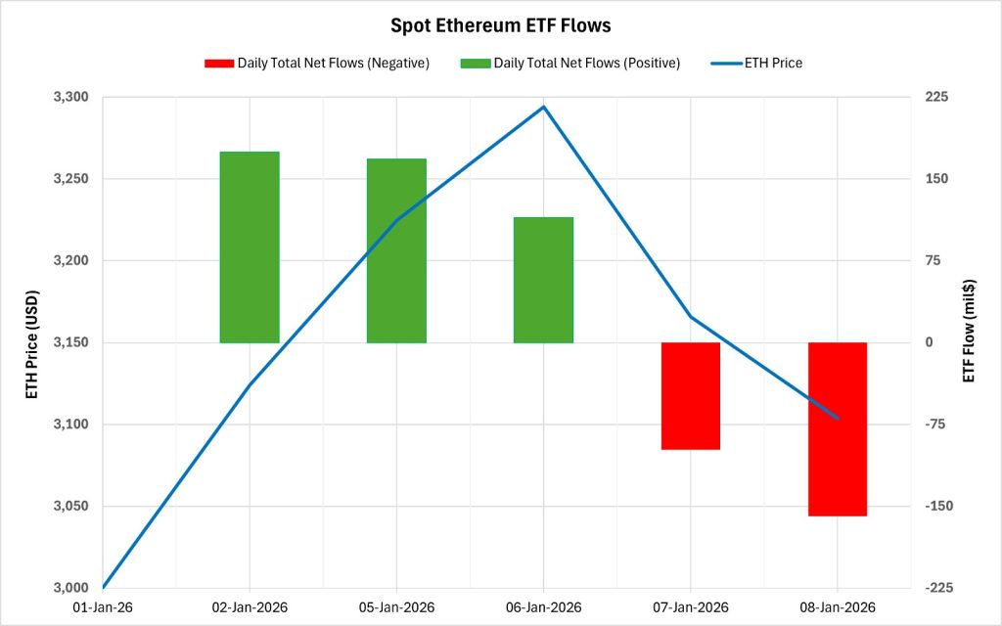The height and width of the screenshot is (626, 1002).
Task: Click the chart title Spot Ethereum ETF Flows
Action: [500, 23]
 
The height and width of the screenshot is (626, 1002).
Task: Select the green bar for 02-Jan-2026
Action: [250, 246]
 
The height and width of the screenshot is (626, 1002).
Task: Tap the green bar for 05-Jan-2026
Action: [396, 250]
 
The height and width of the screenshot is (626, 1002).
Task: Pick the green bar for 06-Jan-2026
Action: [543, 280]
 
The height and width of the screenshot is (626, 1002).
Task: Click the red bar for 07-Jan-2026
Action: [691, 395]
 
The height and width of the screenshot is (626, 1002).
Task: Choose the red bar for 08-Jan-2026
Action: [838, 428]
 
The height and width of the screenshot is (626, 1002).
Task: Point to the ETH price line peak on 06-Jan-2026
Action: [544, 107]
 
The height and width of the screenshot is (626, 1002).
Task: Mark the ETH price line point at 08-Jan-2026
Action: [838, 418]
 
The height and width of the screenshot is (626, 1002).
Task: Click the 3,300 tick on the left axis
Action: [70, 98]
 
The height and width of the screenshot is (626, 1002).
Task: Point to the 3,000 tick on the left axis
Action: [70, 588]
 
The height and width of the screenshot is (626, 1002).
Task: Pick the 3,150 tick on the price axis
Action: [70, 342]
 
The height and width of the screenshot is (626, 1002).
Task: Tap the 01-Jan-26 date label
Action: [103, 607]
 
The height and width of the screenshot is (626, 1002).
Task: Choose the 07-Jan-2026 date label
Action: [691, 607]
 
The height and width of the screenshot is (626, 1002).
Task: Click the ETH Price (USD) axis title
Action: [31, 343]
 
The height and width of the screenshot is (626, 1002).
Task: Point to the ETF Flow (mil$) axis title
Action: [969, 331]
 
